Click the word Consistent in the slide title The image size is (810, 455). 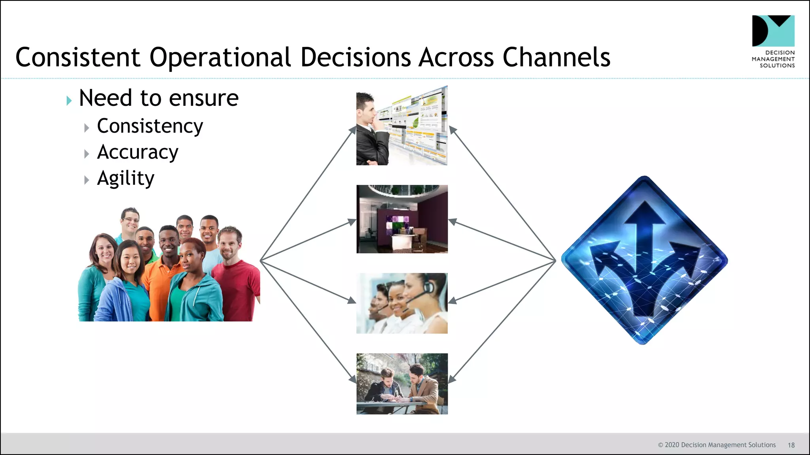[78, 57]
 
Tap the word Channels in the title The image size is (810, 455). [556, 57]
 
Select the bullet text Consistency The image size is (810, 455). [150, 126]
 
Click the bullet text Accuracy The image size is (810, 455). [138, 152]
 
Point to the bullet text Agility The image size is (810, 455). [125, 179]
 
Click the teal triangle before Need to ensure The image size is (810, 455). [69, 101]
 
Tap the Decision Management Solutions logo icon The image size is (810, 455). [773, 31]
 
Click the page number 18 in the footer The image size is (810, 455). [791, 445]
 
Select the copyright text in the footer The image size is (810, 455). [717, 445]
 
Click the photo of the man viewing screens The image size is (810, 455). [402, 126]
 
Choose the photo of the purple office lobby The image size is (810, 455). [402, 219]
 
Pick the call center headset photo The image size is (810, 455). [402, 303]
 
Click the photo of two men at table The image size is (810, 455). [402, 384]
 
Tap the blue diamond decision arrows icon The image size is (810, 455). [644, 260]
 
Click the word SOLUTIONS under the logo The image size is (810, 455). [777, 66]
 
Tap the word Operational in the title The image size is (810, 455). [220, 57]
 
